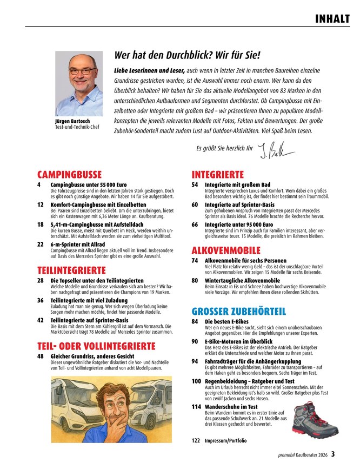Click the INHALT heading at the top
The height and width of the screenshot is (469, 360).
(x=331, y=19)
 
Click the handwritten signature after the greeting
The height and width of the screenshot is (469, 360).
(x=274, y=149)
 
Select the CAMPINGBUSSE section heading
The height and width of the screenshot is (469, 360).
(x=69, y=175)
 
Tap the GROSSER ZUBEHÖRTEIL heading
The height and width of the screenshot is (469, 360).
(x=238, y=311)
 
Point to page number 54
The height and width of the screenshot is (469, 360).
(x=195, y=184)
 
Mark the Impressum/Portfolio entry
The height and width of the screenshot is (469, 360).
(x=225, y=441)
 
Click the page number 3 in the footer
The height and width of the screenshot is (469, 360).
(x=334, y=454)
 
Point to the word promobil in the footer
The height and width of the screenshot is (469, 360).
(x=283, y=455)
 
